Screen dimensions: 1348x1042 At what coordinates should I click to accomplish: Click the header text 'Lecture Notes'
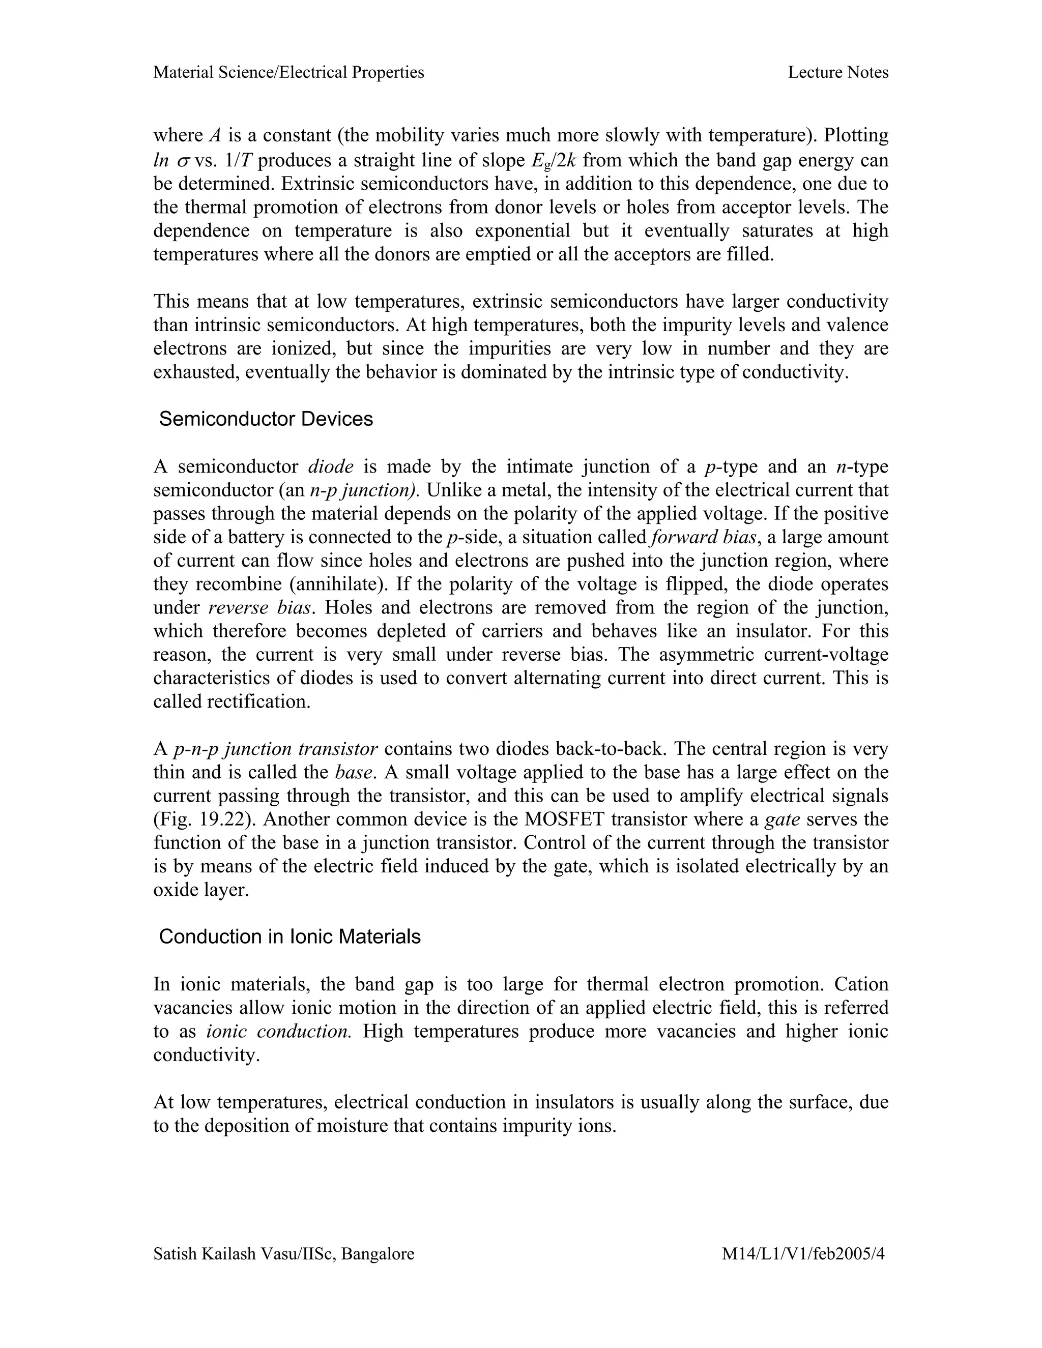837,73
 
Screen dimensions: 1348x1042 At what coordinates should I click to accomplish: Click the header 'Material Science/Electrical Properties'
288,73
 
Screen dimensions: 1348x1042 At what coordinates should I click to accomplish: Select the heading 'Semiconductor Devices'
266,419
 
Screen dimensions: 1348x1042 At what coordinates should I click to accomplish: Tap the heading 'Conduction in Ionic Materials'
290,936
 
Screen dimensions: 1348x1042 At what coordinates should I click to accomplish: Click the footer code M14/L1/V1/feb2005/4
803,1253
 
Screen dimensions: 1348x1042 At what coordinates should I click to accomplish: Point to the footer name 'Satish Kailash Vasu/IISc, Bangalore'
283,1253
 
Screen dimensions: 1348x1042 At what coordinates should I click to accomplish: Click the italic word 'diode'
330,466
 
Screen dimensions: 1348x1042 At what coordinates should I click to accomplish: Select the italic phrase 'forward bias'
703,537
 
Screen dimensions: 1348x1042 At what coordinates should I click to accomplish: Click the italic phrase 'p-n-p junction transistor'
275,749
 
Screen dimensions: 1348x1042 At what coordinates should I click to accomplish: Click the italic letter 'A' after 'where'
215,136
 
